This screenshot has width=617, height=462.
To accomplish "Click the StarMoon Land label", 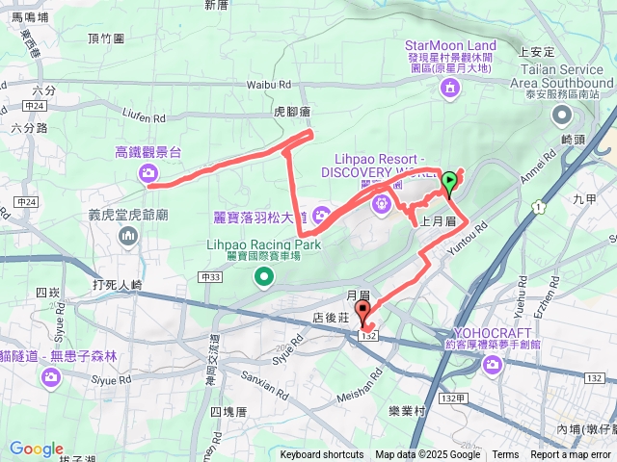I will pos(450,45).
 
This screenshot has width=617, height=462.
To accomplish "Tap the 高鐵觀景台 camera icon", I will pos(148,172).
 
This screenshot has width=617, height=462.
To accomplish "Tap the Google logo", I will pos(37,449).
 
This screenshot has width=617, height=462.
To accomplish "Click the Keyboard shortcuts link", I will pos(322,455).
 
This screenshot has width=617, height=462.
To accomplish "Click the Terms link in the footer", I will pos(505,455).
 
